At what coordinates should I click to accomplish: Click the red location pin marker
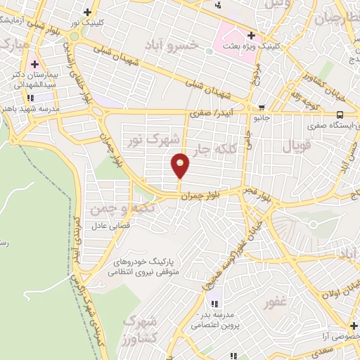coord(181,166)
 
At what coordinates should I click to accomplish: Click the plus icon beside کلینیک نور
coord(87,11)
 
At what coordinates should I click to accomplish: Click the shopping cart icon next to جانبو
coord(262,108)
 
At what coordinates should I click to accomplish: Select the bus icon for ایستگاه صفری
coord(340,115)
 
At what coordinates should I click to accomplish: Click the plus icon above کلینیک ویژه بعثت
coord(251,35)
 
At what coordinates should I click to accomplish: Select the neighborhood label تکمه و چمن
coord(112,208)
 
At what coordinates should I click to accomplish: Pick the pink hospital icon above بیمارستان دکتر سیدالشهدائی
coord(34,64)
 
